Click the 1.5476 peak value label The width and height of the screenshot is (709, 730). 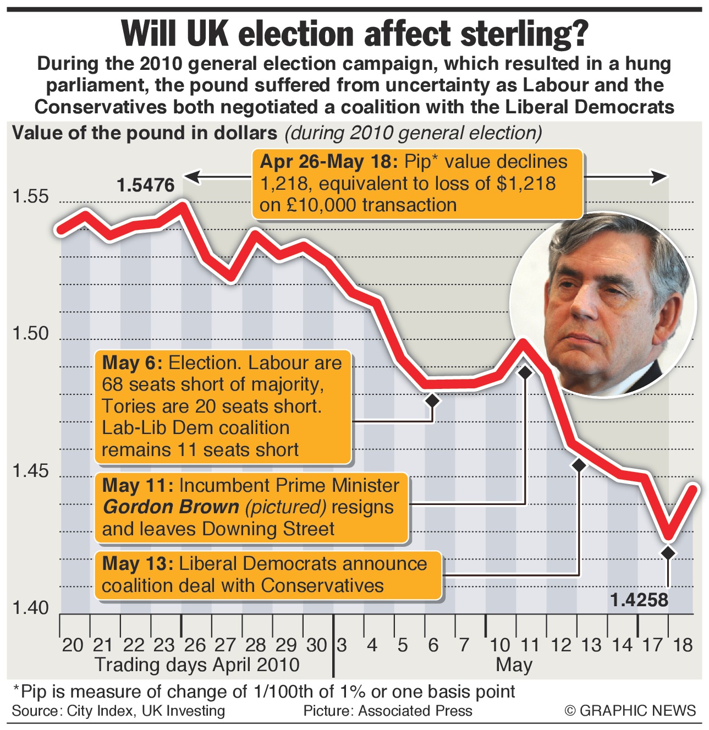pos(146,185)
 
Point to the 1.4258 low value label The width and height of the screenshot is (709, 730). pos(639,600)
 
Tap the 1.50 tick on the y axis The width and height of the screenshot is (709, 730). pos(31,334)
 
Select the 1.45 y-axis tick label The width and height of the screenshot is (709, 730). pos(31,471)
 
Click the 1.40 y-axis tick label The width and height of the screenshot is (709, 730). pos(31,608)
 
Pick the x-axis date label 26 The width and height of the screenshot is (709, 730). pos(195,645)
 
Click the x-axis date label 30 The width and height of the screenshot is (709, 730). pos(317,645)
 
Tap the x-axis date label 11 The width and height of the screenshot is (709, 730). pos(530,645)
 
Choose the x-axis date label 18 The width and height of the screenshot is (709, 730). pos(683,645)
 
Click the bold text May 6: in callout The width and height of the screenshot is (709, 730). pos(132,363)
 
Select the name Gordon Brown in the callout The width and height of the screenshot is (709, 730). pos(171,507)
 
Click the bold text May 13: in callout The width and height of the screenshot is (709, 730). pos(138,564)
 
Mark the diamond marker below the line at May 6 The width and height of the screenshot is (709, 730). pos(432,400)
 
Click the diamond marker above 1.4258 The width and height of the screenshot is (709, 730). pos(668,553)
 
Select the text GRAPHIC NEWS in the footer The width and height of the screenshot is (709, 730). pos(637,711)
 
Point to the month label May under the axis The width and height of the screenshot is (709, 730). pos(514,665)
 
